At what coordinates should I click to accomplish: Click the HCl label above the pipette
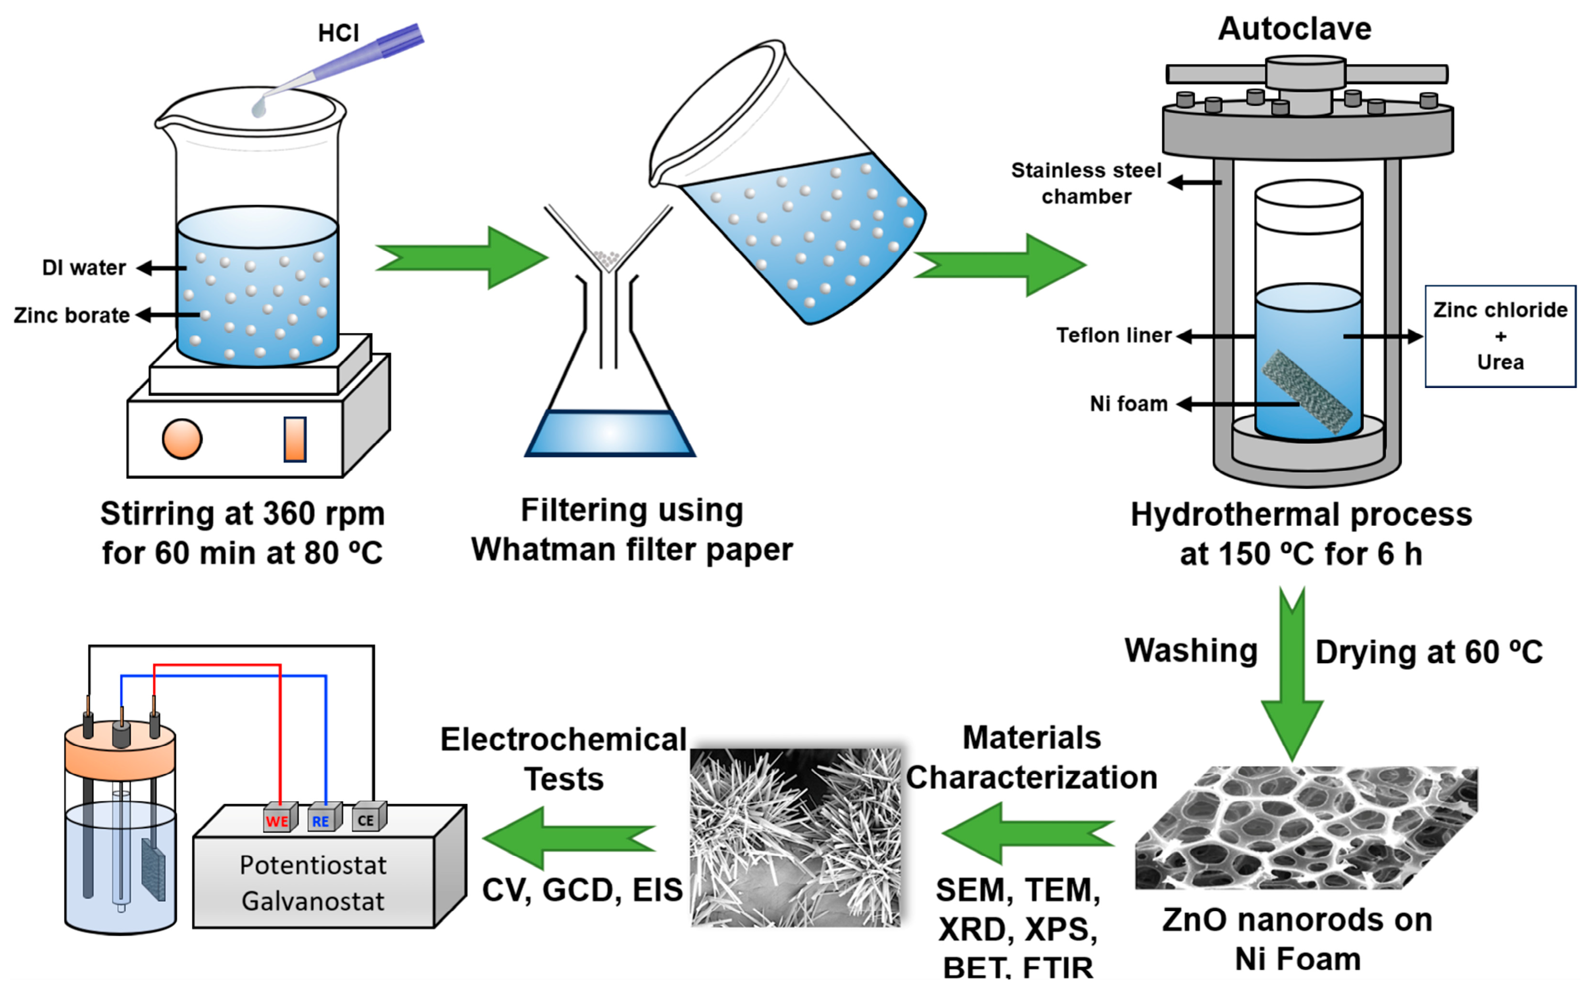338,33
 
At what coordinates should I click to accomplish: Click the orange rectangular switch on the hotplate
295,439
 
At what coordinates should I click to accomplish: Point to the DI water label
84,268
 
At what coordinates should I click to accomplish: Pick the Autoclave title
1294,29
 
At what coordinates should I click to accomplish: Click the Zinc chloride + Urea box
1500,336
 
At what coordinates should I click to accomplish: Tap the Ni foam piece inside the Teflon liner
1307,391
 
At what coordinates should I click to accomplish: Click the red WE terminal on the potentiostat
277,820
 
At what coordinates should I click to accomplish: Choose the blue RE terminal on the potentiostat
322,820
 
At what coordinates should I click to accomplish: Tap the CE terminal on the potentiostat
366,820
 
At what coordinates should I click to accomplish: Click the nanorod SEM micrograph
795,837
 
